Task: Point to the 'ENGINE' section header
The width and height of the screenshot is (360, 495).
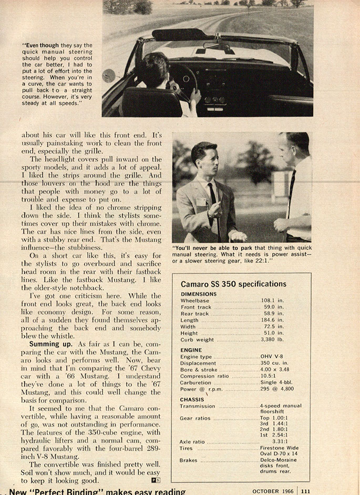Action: (x=191, y=349)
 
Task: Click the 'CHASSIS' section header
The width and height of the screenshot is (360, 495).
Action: (x=192, y=399)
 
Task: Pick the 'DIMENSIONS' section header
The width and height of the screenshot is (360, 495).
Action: (x=198, y=294)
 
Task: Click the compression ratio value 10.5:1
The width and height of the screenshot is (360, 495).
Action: (x=270, y=376)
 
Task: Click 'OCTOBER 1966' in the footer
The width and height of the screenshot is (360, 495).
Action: (x=272, y=491)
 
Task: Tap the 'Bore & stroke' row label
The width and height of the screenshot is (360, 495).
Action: (x=198, y=370)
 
